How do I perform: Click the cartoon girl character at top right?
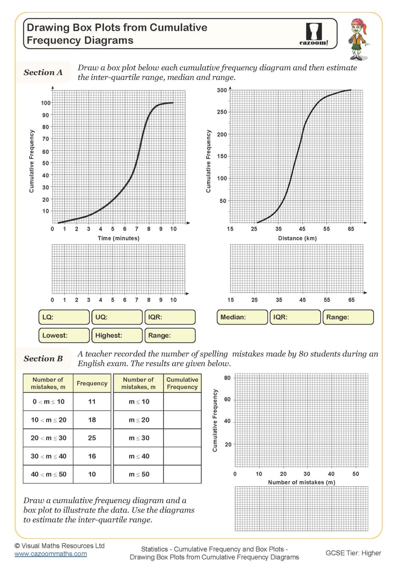(x=357, y=39)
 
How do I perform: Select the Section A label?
(x=43, y=73)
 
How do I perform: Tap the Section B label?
(x=43, y=359)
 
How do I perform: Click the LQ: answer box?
(x=64, y=317)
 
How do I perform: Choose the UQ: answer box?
(x=117, y=317)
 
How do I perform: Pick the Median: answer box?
(x=242, y=317)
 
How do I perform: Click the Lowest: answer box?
(x=64, y=335)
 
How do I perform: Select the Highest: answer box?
(x=117, y=335)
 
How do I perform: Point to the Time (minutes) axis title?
(x=119, y=238)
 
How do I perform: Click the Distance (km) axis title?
(x=297, y=238)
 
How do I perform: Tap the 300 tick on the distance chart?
(x=222, y=90)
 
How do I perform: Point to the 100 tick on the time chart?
(x=46, y=103)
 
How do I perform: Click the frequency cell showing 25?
(x=92, y=438)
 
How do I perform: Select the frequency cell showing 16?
(x=92, y=456)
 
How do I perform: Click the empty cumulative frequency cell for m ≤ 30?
(x=182, y=438)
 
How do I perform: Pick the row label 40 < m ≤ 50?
(x=49, y=474)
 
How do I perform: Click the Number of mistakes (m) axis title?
(x=301, y=483)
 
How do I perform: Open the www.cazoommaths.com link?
(x=50, y=554)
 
